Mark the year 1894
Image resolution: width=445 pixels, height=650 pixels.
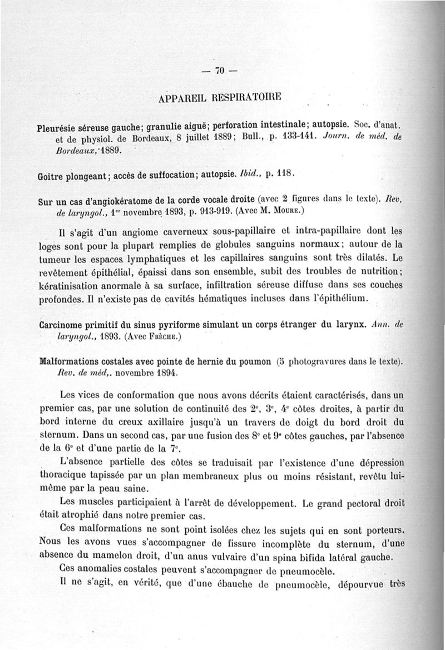point(160,373)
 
